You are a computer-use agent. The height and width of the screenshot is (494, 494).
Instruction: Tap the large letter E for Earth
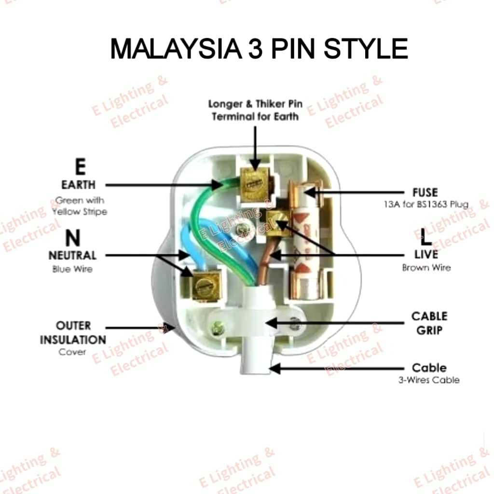tap(80, 167)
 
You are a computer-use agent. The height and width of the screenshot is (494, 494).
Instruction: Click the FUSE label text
tap(425, 192)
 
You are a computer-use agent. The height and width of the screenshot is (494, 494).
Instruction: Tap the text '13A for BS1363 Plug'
tap(425, 204)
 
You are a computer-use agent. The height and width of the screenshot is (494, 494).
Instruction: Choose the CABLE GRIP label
tap(429, 323)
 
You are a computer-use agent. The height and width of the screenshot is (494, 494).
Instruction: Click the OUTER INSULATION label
tap(73, 332)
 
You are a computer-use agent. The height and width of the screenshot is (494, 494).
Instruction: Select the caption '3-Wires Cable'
tap(429, 380)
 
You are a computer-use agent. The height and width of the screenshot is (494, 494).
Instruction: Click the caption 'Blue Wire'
tap(72, 269)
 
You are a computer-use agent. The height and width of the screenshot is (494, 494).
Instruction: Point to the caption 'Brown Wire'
tap(426, 267)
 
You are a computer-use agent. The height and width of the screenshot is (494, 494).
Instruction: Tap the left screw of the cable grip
tap(219, 329)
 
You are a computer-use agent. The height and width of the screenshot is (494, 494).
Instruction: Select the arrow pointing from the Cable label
tap(338, 369)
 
